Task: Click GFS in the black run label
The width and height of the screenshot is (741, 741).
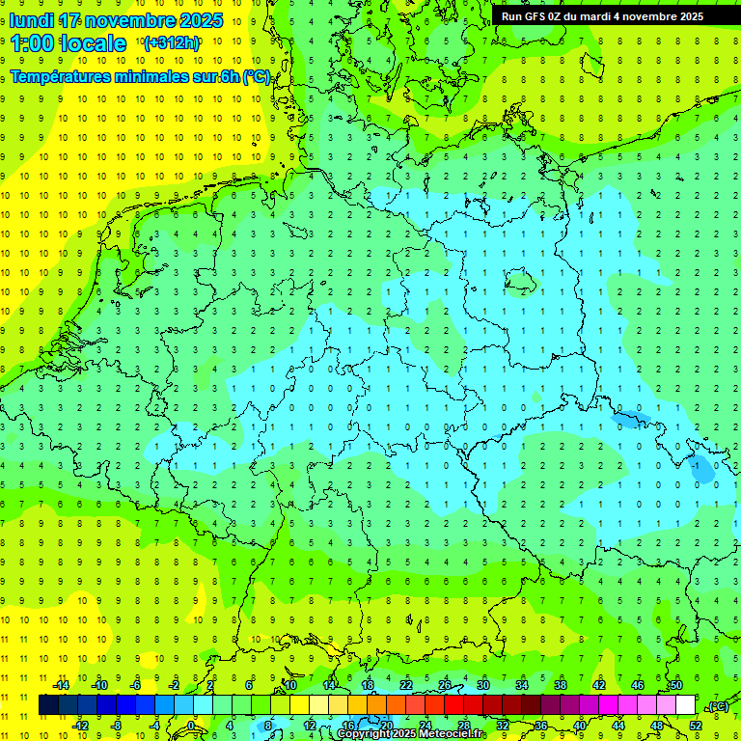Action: click(534, 16)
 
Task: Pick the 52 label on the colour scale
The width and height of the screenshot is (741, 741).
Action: click(696, 726)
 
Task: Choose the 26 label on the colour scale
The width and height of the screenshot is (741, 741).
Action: click(445, 685)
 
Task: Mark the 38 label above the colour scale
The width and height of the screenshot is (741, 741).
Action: click(560, 685)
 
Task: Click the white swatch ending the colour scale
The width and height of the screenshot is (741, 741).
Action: click(686, 705)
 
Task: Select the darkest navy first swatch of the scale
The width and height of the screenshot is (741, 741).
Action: click(48, 705)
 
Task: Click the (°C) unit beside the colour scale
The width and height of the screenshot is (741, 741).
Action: click(717, 707)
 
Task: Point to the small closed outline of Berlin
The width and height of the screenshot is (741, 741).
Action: click(524, 282)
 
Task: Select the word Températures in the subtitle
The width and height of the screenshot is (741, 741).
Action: click(58, 77)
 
